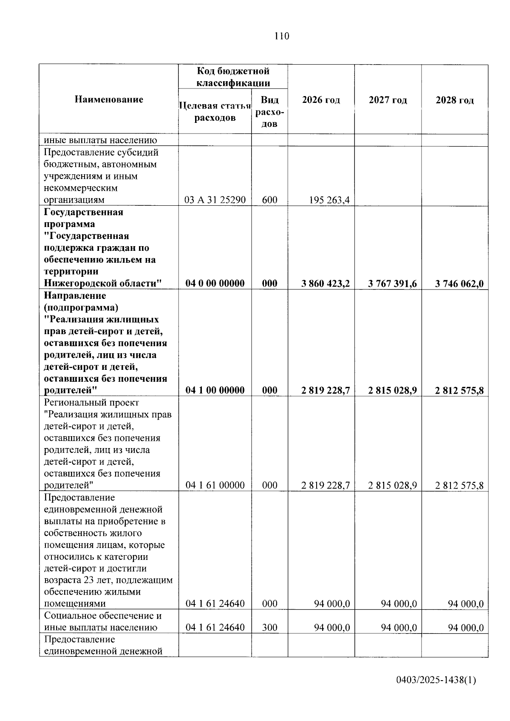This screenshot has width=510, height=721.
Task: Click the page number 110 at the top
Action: coord(281,36)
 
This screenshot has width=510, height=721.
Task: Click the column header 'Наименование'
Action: coord(109,99)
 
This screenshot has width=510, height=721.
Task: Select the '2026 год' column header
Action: coord(321,100)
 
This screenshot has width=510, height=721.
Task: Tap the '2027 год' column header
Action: coord(388,100)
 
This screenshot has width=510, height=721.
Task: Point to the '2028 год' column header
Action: coord(454,100)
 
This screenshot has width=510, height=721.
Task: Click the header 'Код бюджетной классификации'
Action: coord(233,77)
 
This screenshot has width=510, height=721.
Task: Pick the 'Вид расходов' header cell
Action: coord(269,111)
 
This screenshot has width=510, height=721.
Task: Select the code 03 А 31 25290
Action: coord(215,199)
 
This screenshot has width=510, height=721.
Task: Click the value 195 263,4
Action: coord(329,199)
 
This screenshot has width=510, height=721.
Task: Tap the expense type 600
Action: coord(269,199)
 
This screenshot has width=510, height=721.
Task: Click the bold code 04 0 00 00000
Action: coord(215,283)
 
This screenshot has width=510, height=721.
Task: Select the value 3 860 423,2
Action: coord(326,284)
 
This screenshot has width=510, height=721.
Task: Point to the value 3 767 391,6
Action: coord(392,284)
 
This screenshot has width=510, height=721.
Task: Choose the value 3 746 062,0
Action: coord(459,284)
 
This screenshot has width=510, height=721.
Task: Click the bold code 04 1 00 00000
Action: coord(215,390)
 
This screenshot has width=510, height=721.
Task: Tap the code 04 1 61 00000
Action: coord(215,485)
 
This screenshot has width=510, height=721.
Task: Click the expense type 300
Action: coord(269,627)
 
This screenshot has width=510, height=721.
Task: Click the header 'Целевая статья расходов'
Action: coord(215,111)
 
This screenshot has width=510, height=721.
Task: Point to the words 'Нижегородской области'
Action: coord(102,283)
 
